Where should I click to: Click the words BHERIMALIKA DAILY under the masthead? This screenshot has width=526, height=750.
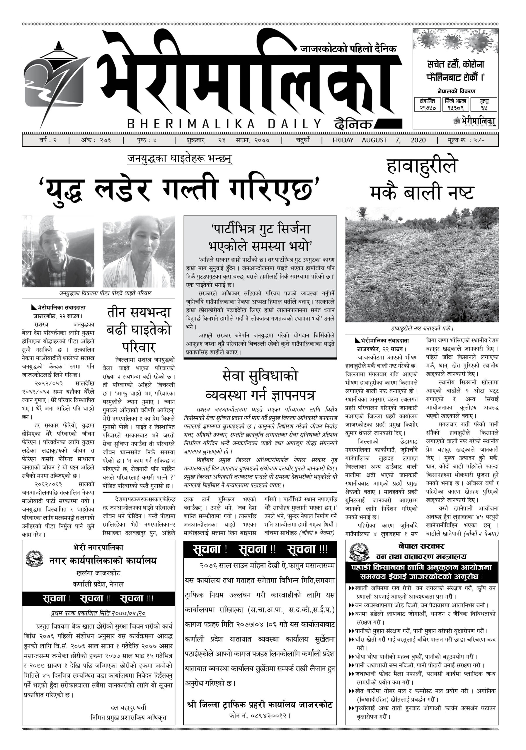224,124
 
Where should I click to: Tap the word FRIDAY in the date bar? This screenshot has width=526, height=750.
343,140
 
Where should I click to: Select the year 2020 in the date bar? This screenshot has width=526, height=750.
418,140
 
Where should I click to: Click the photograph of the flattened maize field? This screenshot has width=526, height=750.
422,264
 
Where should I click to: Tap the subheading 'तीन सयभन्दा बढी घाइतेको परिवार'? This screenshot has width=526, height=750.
139,330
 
